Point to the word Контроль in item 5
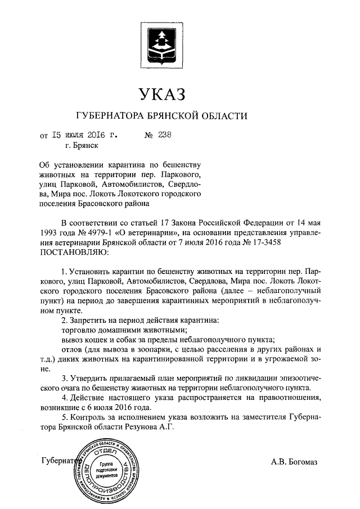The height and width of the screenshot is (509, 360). [90, 417]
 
